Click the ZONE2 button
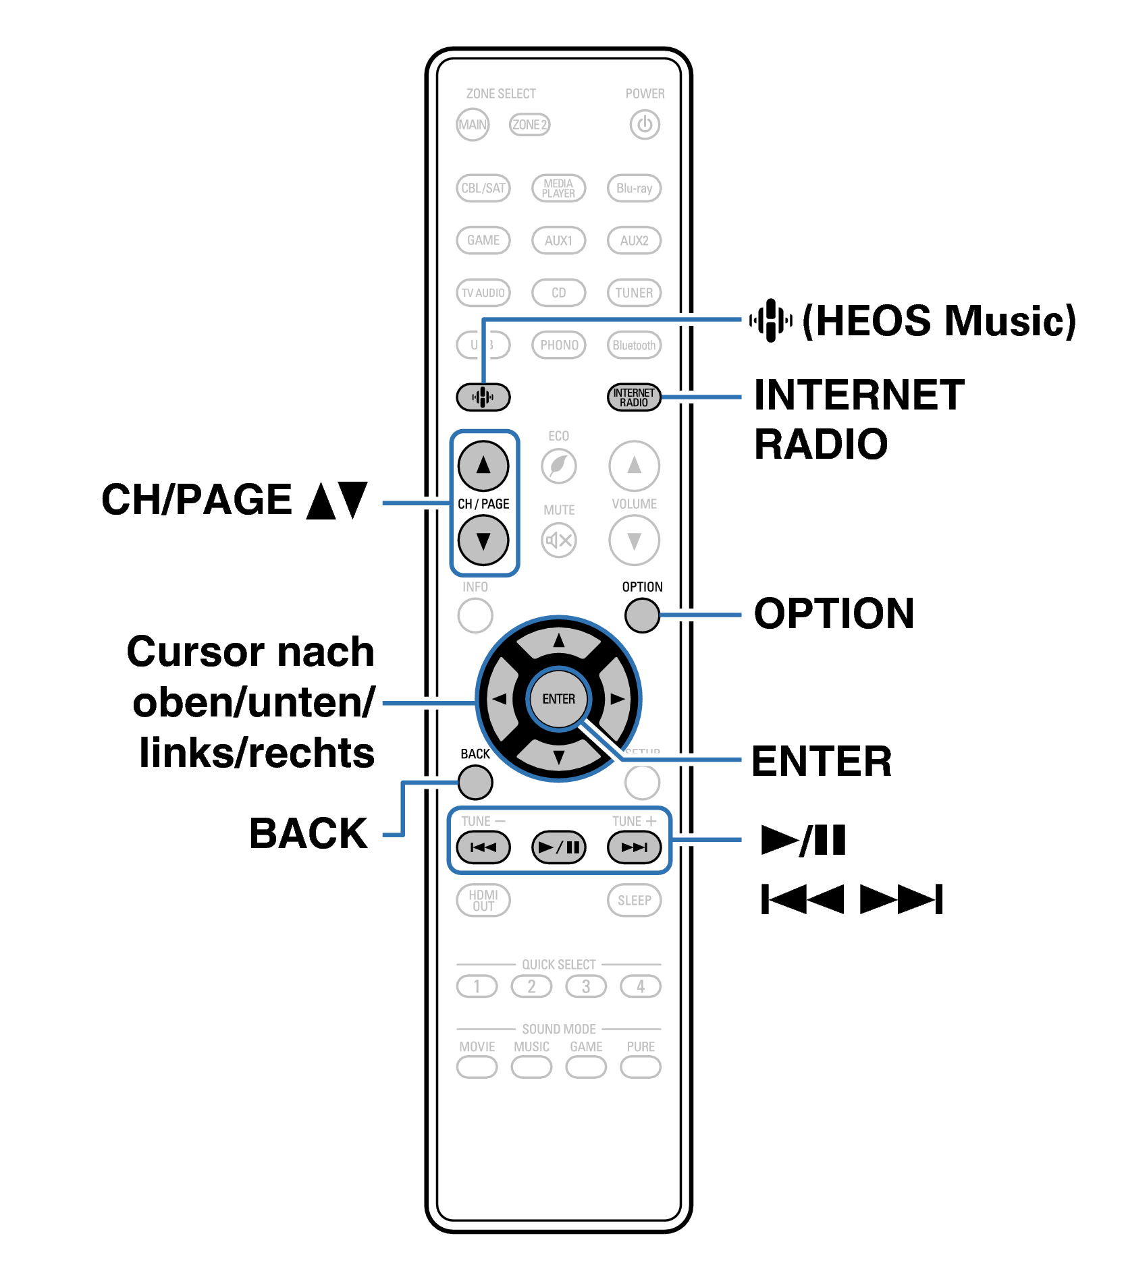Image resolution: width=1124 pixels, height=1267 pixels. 529,125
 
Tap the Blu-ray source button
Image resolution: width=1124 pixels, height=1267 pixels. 634,188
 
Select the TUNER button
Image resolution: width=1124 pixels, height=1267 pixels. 634,293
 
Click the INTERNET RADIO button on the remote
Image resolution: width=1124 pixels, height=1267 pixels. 633,397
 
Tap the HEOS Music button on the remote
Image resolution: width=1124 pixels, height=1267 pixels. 483,397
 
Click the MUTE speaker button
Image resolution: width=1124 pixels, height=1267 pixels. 559,540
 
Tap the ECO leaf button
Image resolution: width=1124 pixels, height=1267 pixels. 559,466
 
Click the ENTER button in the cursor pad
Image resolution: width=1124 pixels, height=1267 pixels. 559,699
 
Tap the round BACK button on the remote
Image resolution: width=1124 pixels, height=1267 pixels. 475,783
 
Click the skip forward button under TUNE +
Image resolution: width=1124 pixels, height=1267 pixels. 634,847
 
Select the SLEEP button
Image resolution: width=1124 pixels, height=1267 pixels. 634,901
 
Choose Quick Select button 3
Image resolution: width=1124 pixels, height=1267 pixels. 586,986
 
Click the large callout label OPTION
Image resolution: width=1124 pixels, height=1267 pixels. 834,614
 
